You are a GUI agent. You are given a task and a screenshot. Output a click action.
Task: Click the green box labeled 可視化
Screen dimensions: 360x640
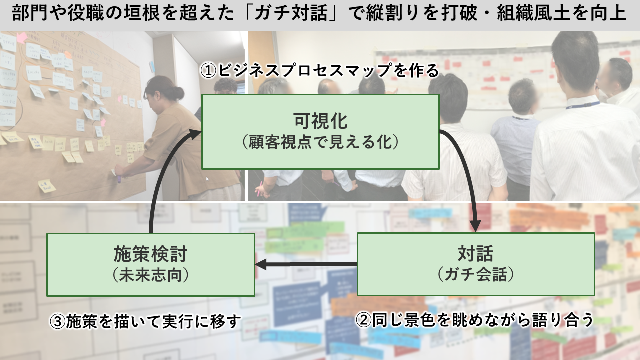click(x=320, y=131)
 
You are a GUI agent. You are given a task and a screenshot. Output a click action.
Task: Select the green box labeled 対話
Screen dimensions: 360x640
click(x=476, y=264)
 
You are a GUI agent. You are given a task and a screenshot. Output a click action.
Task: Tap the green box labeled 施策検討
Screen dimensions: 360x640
click(x=150, y=264)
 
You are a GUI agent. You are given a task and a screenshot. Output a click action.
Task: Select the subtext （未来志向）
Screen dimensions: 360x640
click(x=150, y=275)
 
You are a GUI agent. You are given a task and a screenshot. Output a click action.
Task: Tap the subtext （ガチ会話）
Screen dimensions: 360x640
click(x=476, y=275)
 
